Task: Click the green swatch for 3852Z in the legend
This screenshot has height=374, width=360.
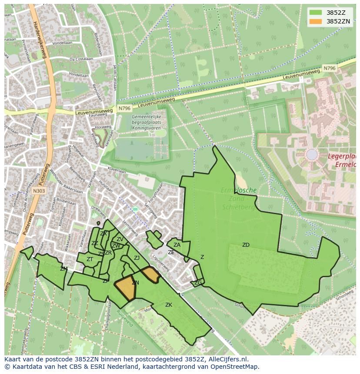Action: tap(316, 13)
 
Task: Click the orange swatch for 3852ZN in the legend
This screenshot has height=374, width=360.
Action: tap(316, 21)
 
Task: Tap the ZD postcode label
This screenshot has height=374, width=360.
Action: tap(246, 245)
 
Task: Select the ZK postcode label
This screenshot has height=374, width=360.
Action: tap(169, 305)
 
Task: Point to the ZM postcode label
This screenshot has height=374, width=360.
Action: tap(64, 269)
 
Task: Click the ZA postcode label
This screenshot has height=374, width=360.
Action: tap(177, 245)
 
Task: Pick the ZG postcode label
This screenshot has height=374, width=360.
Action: tap(198, 283)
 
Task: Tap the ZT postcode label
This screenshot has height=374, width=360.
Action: tap(90, 259)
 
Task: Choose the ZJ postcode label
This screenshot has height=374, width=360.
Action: tap(137, 258)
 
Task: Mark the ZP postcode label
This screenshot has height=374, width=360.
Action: tap(106, 281)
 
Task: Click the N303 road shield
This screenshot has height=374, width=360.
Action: tap(39, 190)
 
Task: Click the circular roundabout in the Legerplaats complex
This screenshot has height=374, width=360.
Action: tap(312, 154)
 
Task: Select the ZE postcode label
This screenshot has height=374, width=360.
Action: tap(171, 252)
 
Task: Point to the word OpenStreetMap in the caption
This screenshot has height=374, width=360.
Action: tap(235, 367)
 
